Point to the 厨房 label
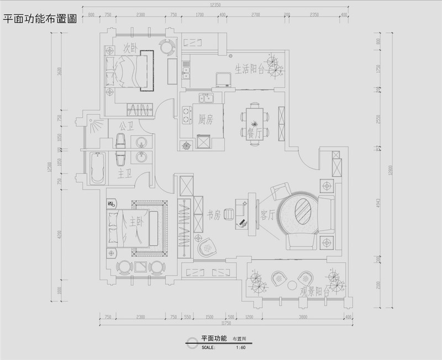point(205,120)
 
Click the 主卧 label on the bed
point(136,221)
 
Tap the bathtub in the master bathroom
point(98,169)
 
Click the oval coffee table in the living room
point(302,210)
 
